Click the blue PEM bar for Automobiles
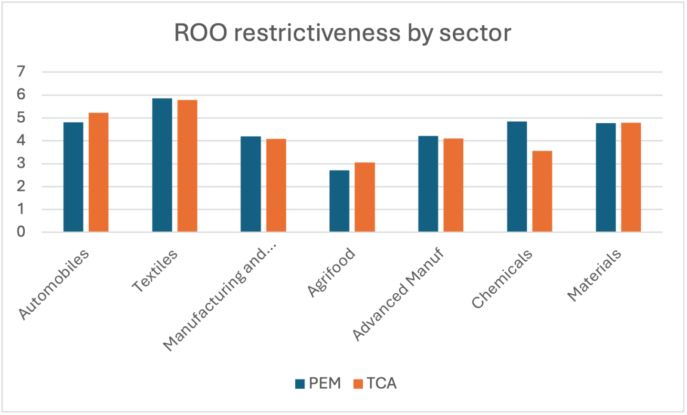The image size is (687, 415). tap(73, 177)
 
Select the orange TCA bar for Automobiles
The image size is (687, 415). tap(98, 172)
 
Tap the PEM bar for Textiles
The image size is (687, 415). tap(162, 165)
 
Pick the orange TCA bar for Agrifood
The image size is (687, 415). tap(364, 197)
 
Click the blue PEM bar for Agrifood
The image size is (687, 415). tap(339, 201)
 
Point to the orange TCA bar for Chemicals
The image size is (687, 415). tap(542, 192)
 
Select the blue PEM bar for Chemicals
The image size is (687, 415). tap(517, 177)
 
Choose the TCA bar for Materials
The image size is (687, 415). tap(631, 177)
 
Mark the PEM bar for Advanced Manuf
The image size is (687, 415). tap(428, 184)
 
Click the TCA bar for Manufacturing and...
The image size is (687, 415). tap(276, 185)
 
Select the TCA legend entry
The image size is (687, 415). tap(375, 383)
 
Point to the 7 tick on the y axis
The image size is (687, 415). tap(21, 72)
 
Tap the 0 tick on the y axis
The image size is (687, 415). tap(21, 232)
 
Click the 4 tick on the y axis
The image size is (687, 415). tap(21, 141)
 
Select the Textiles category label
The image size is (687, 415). tap(155, 270)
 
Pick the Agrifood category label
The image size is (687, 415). tap(332, 272)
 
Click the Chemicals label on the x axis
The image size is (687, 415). tap(502, 279)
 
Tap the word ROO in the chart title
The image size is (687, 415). tap(201, 33)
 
